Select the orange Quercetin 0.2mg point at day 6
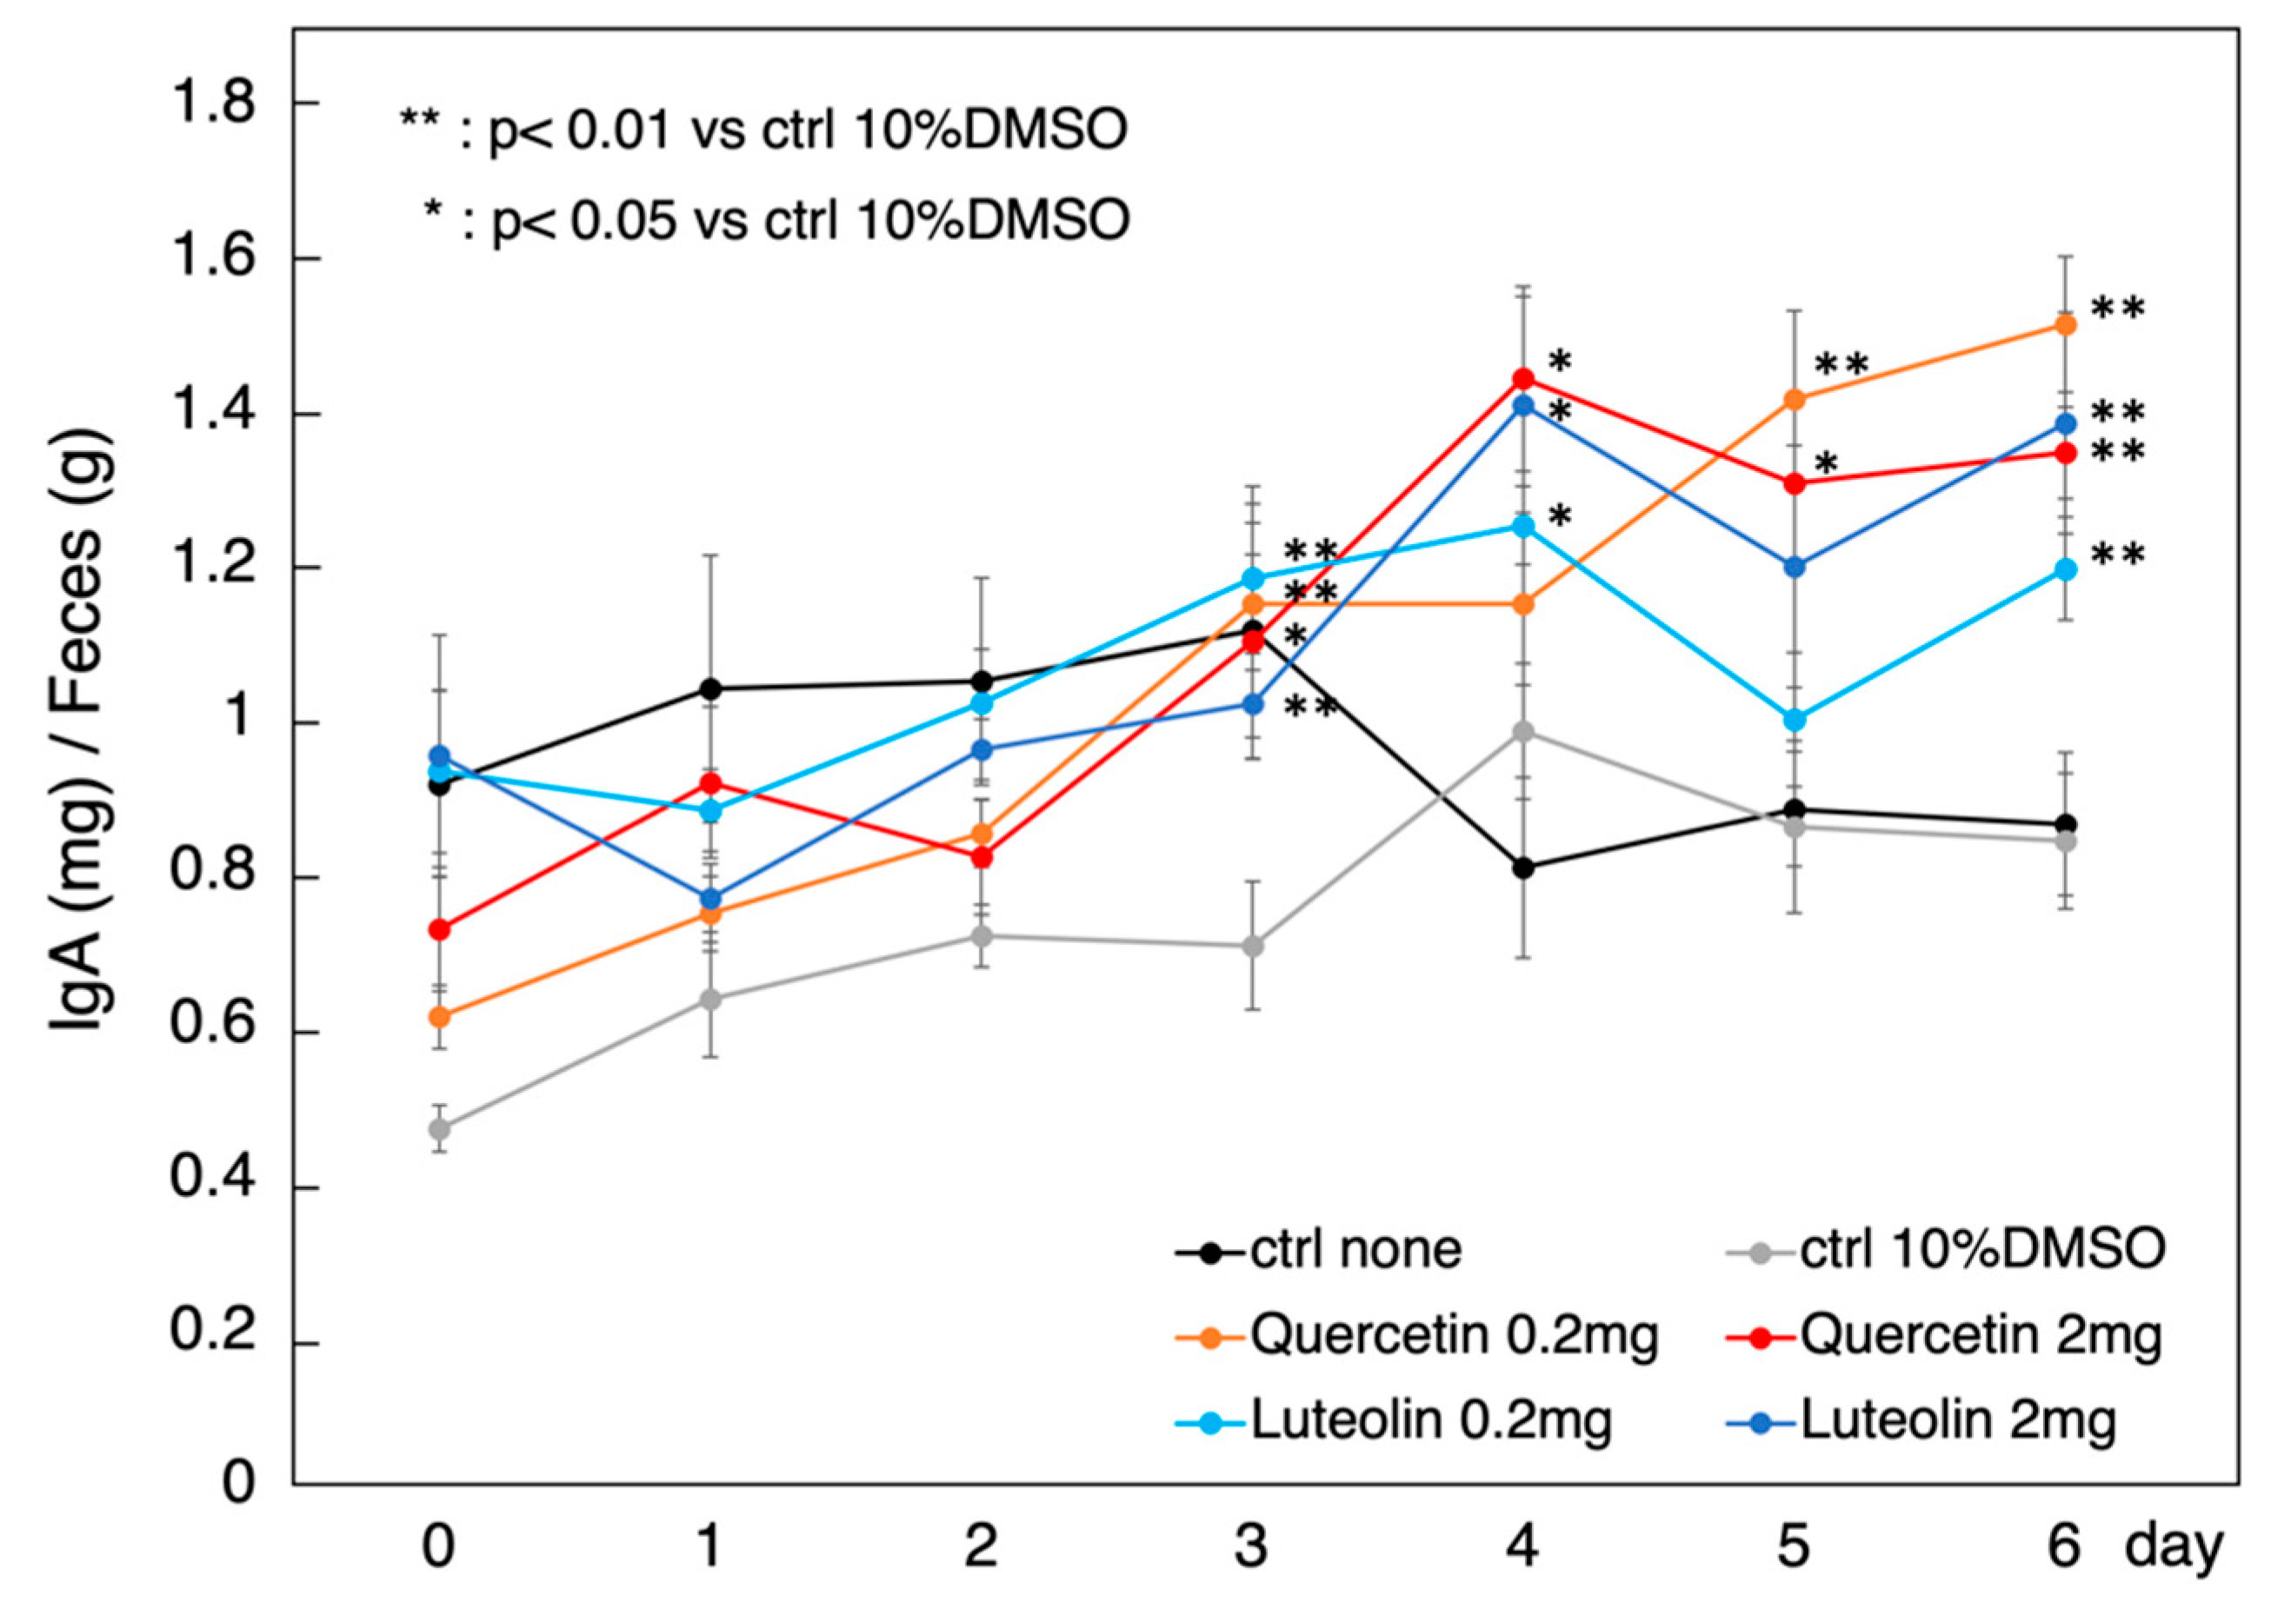2065,324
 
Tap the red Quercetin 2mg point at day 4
1522,378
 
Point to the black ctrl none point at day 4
1522,868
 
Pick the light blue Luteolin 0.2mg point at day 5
1795,719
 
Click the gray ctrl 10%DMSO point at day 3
1252,946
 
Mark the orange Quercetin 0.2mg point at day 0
438,1017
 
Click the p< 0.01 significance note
764,131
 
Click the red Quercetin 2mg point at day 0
438,930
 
